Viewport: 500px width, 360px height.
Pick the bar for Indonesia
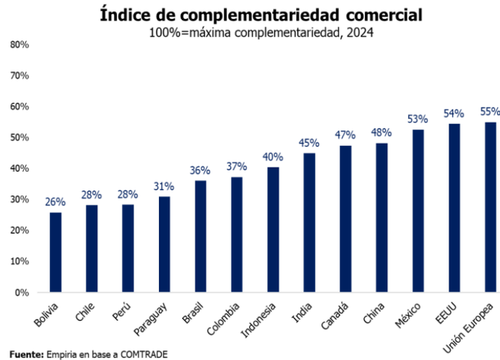[273, 229]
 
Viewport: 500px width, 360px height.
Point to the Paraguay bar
[164, 244]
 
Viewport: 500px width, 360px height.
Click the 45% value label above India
[309, 143]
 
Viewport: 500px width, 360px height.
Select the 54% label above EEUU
[453, 114]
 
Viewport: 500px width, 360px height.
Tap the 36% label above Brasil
[200, 171]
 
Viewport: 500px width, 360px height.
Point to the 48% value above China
[381, 133]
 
